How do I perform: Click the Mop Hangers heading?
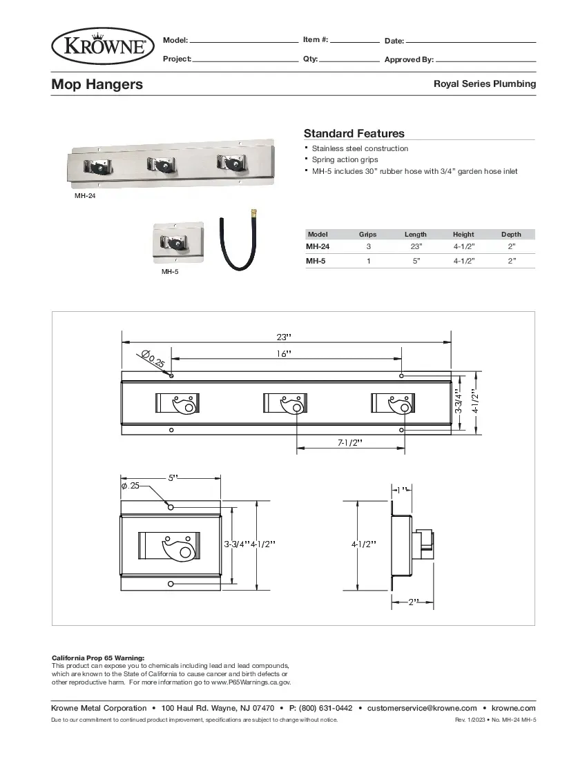[x=97, y=84]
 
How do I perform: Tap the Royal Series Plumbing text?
[x=484, y=83]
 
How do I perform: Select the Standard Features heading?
[x=354, y=133]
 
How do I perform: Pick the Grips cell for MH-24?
[x=368, y=246]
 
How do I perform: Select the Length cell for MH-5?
[x=416, y=262]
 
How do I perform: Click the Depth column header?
[x=511, y=235]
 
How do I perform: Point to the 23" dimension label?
[x=284, y=337]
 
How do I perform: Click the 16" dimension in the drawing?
[x=284, y=353]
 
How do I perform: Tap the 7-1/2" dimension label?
[x=350, y=442]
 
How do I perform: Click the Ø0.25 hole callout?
[x=153, y=359]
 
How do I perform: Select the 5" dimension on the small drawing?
[x=172, y=477]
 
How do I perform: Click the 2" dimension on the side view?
[x=413, y=602]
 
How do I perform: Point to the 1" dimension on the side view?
[x=403, y=489]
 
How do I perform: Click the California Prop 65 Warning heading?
[x=98, y=658]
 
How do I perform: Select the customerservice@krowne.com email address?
[x=422, y=708]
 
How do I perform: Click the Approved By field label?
[x=409, y=60]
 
